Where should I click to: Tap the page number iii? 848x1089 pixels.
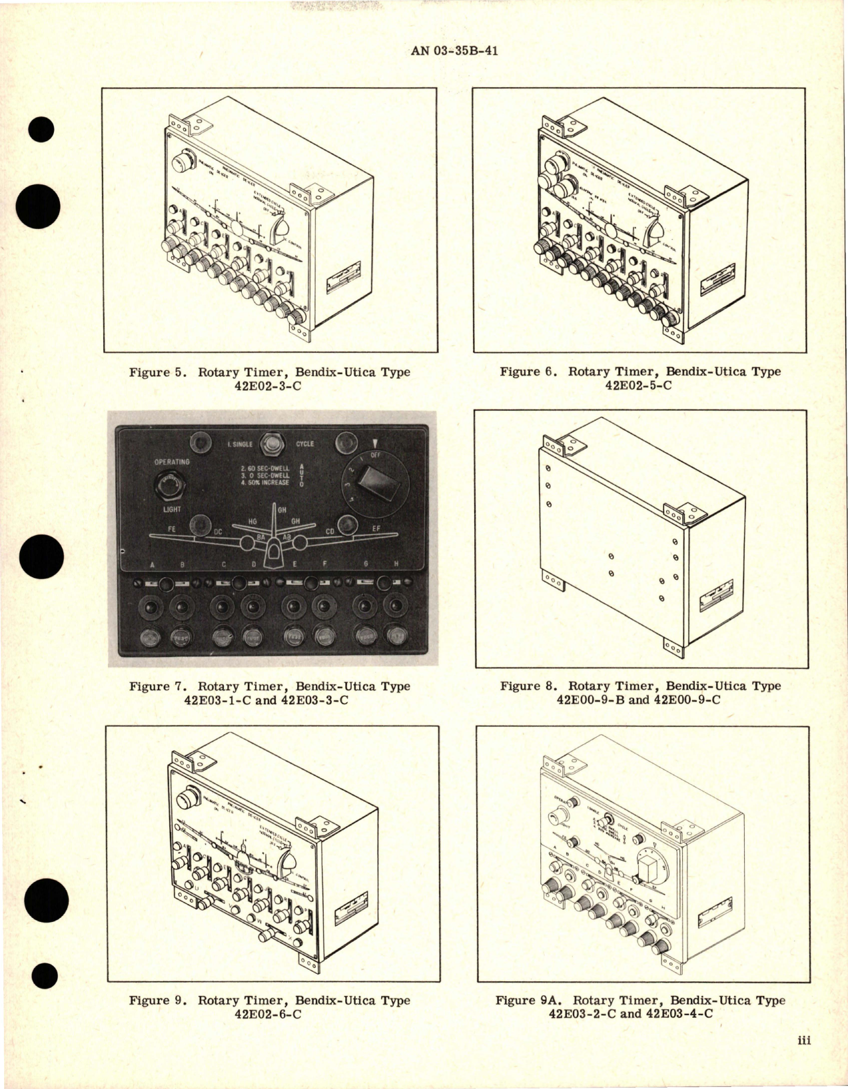pos(802,1058)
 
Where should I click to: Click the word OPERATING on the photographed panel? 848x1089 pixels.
pos(172,461)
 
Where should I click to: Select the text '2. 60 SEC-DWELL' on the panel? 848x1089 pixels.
pos(265,468)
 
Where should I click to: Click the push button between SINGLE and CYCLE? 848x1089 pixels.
pos(271,442)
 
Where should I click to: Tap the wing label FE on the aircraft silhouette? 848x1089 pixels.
pos(155,530)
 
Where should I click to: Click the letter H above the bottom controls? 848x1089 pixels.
pos(396,564)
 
